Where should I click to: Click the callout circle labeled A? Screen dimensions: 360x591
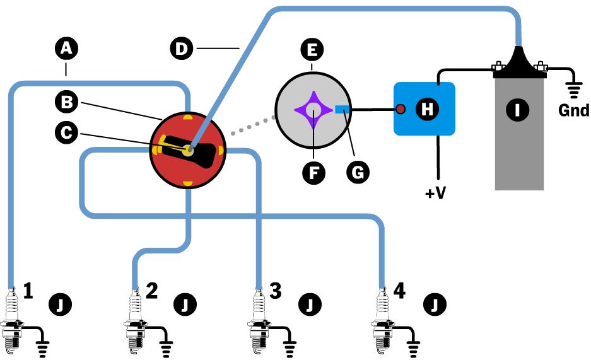pos(66,48)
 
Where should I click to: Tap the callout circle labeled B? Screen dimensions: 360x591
pos(66,100)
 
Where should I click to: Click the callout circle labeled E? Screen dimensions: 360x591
pos(312,48)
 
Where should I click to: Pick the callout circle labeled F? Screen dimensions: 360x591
pos(312,171)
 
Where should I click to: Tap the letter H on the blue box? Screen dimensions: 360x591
pos(427,109)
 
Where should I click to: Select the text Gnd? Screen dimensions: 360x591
pos(573,112)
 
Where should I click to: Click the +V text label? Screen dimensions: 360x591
pos(435,192)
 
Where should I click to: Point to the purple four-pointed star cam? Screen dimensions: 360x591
pos(313,110)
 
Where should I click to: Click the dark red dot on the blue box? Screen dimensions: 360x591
pos(400,110)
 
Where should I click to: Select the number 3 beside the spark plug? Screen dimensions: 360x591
pos(275,290)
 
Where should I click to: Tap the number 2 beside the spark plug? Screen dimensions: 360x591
pos(151,290)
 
